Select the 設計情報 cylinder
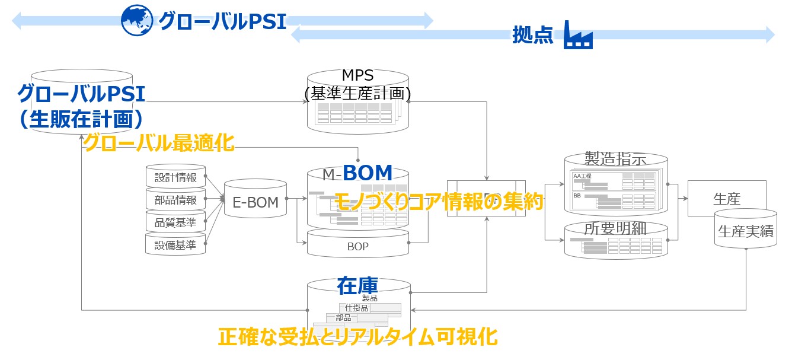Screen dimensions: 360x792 pos(175,177)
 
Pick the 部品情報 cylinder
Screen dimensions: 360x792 pos(175,200)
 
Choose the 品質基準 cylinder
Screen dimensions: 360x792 pos(175,222)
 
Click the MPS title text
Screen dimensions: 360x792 pos(357,75)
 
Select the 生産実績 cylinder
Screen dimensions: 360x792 pos(745,232)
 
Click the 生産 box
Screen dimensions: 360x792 pos(726,199)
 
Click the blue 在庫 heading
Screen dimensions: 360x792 pos(357,285)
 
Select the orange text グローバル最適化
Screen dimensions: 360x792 pos(159,144)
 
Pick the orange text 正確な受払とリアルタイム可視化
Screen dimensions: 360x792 pos(357,337)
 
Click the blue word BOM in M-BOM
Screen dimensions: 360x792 pos(368,173)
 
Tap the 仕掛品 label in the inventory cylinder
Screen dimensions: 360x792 pos(357,308)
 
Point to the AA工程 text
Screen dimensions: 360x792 pos(582,176)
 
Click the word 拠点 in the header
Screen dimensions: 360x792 pos(532,36)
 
